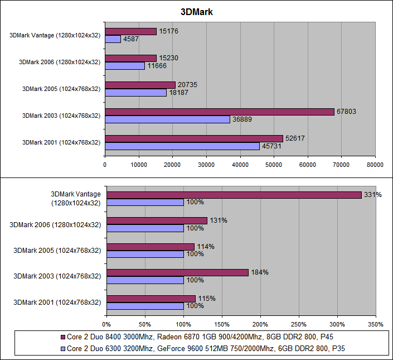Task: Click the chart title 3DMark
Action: pos(196,12)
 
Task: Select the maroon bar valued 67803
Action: pos(219,112)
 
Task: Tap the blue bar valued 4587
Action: pos(113,39)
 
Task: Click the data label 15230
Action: pos(168,58)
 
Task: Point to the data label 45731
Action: pos(272,146)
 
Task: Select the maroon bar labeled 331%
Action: pos(234,195)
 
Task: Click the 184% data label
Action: pos(259,272)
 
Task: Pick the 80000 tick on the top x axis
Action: pos(375,165)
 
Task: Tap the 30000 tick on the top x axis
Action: pos(206,165)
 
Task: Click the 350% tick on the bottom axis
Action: pos(376,323)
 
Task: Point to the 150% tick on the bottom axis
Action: pos(222,323)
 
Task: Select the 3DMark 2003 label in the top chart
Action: pos(61,116)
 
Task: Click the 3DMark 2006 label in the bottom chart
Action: pos(55,224)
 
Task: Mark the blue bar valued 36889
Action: pos(167,119)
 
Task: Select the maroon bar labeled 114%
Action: pos(151,247)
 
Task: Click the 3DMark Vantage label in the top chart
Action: pos(55,35)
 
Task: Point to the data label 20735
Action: pos(187,85)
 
